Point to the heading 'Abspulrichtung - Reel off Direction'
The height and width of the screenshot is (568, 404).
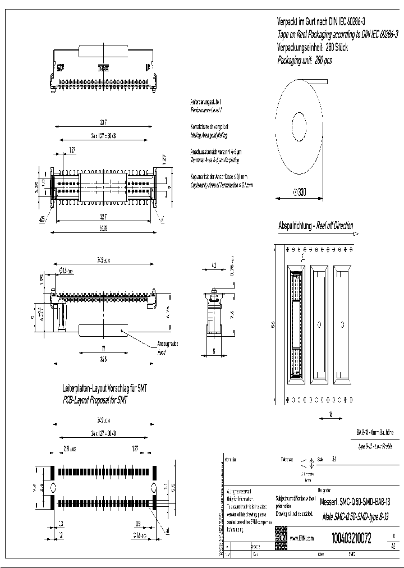point(316,226)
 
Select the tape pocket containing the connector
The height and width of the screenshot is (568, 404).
point(296,324)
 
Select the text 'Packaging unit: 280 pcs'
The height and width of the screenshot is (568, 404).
point(305,60)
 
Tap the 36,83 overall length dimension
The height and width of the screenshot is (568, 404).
point(103,228)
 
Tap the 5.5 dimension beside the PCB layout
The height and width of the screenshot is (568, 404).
point(173,486)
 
